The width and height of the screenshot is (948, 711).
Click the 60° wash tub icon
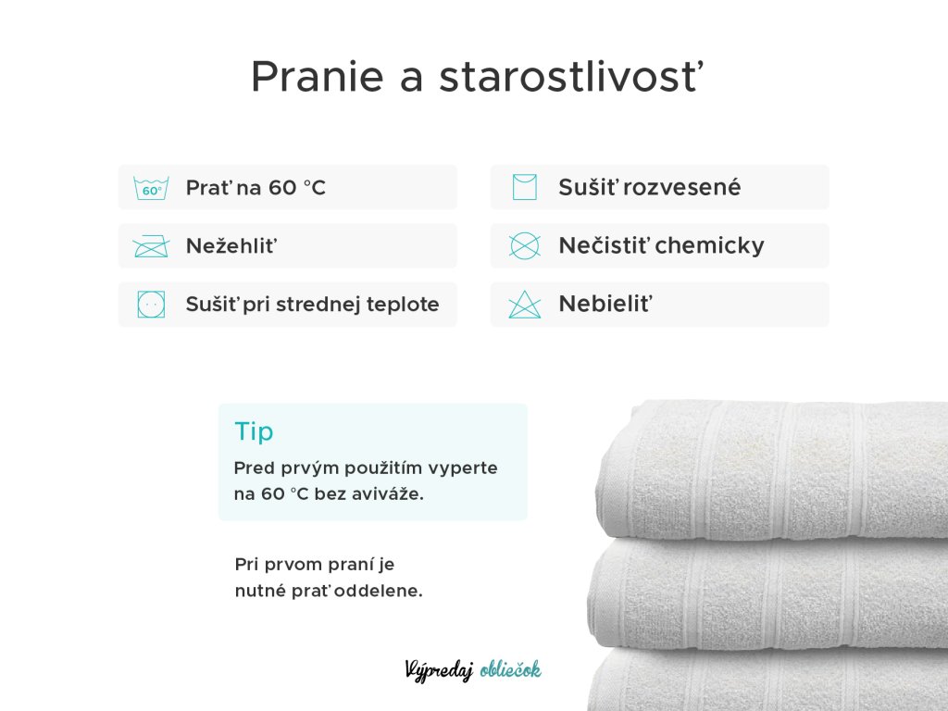pyautogui.click(x=151, y=188)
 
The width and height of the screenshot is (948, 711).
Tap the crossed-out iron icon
pyautogui.click(x=151, y=246)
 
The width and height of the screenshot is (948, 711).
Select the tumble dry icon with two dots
pyautogui.click(x=151, y=304)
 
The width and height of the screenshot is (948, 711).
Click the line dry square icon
pyautogui.click(x=524, y=187)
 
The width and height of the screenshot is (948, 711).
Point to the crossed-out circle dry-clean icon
pyautogui.click(x=524, y=245)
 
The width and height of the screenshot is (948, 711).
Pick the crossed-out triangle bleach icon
pyautogui.click(x=524, y=304)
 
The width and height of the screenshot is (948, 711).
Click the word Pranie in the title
pyautogui.click(x=318, y=77)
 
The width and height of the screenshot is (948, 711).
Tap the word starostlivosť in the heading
pyautogui.click(x=571, y=77)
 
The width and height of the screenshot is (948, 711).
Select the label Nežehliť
pyautogui.click(x=231, y=246)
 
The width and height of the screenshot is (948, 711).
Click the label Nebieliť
pyautogui.click(x=605, y=304)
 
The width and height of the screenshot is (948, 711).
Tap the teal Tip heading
pyautogui.click(x=254, y=431)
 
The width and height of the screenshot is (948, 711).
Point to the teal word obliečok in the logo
pyautogui.click(x=510, y=669)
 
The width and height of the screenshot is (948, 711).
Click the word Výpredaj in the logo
pyautogui.click(x=439, y=670)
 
